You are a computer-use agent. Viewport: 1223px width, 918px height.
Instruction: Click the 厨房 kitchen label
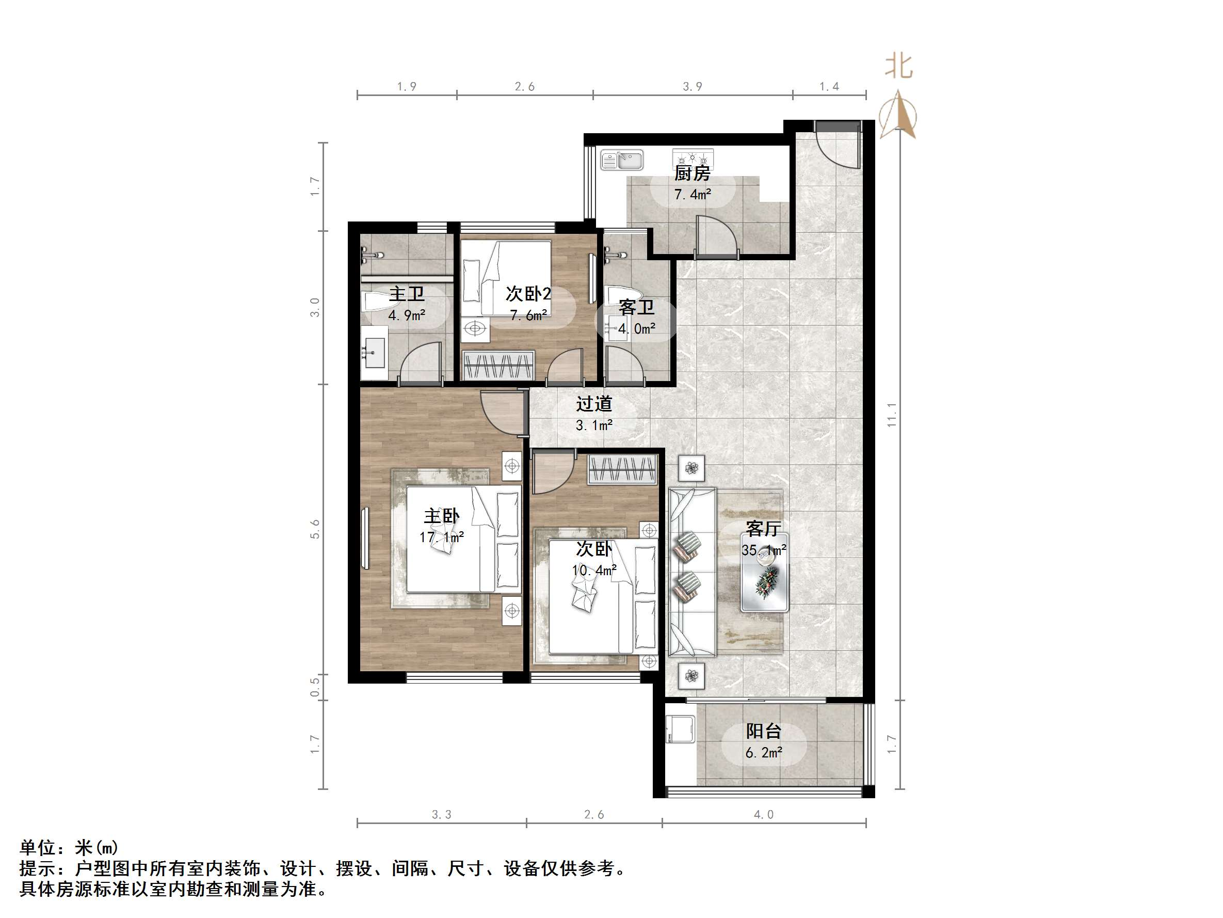pyautogui.click(x=691, y=174)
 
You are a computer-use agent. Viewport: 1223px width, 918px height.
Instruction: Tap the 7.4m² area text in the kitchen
pyautogui.click(x=692, y=195)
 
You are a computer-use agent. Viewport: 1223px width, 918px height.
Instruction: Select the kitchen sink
pyautogui.click(x=622, y=161)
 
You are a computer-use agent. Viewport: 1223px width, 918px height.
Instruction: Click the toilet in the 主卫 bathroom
pyautogui.click(x=377, y=303)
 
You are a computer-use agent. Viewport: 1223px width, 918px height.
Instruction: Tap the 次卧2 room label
pyautogui.click(x=528, y=294)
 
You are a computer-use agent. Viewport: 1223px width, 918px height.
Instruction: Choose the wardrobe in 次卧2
pyautogui.click(x=498, y=365)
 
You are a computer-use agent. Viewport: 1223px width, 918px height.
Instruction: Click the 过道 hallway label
pyautogui.click(x=594, y=404)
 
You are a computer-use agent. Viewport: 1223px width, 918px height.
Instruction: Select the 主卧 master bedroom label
pyautogui.click(x=441, y=516)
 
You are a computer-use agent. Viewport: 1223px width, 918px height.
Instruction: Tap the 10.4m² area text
pyautogui.click(x=594, y=570)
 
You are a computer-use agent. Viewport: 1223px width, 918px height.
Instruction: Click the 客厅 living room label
pyautogui.click(x=764, y=529)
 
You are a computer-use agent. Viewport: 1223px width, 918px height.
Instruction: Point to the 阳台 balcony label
pyautogui.click(x=764, y=732)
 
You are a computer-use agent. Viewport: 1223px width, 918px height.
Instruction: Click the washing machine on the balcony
pyautogui.click(x=681, y=730)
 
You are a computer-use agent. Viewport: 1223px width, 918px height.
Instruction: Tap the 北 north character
pyautogui.click(x=898, y=67)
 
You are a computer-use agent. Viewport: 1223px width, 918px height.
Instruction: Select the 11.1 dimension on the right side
pyautogui.click(x=891, y=415)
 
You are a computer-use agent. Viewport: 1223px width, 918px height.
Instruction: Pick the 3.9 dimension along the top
pyautogui.click(x=692, y=87)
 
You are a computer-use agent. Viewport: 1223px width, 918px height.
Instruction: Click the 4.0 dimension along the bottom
pyautogui.click(x=764, y=815)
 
